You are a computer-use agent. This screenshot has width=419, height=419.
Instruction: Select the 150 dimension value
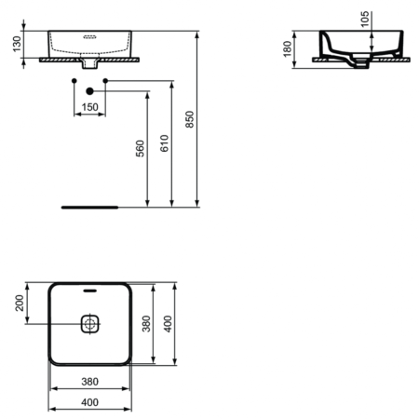point(89,107)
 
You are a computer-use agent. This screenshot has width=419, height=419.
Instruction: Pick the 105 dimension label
point(364,20)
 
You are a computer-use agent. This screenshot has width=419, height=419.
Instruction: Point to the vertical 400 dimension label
point(168,323)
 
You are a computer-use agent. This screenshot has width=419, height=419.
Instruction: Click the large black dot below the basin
point(89,91)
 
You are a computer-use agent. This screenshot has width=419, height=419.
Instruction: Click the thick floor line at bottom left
point(89,207)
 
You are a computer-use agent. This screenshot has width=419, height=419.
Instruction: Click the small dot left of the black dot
point(73,82)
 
